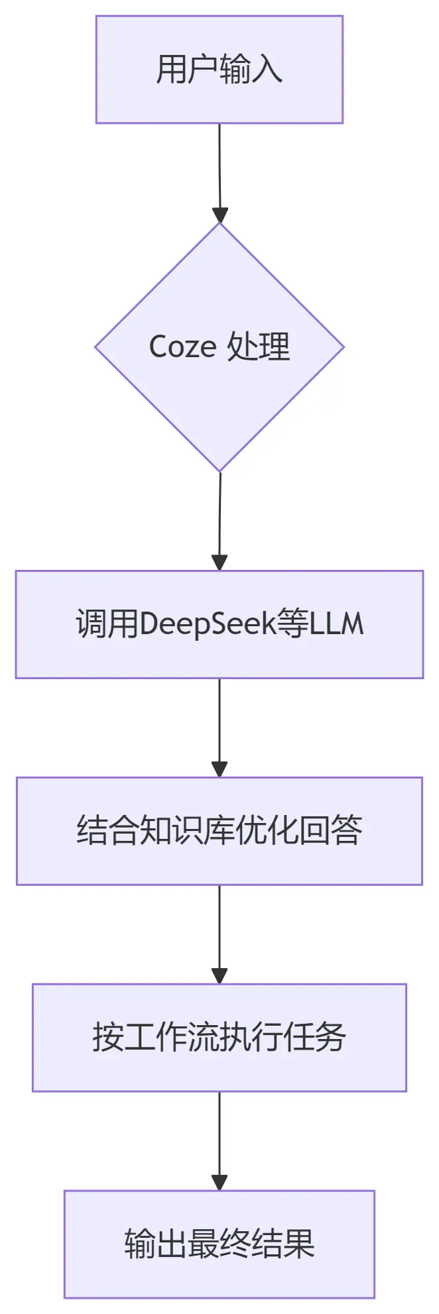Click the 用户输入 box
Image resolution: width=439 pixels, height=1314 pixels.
pos(219,70)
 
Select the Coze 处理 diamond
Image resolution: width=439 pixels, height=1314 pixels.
pos(219,347)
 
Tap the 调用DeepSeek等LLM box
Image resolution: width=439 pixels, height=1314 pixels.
pos(219,624)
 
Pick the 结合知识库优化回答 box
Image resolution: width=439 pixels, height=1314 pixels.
pos(219,831)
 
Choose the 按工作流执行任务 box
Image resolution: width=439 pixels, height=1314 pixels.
pos(219,1038)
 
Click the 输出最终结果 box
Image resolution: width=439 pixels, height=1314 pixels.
pos(219,1244)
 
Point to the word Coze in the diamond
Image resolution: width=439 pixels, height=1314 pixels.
pos(182,347)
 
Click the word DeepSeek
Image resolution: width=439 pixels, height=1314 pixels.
pos(208,624)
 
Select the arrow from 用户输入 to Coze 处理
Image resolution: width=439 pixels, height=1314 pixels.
pos(219,174)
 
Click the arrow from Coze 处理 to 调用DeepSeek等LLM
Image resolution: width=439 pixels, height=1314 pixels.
pos(219,521)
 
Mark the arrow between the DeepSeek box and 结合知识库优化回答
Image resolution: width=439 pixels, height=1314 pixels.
pos(219,728)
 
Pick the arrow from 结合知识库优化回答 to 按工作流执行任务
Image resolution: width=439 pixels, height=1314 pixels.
pos(219,935)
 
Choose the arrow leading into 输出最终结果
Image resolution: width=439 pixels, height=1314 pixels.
pos(219,1142)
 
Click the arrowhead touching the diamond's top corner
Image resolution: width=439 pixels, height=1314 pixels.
pos(220,215)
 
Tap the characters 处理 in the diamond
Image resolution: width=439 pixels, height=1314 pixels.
pos(259,347)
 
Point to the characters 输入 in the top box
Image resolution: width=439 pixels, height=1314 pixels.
pos(251,70)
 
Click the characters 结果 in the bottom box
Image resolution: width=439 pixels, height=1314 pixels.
pos(283,1244)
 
